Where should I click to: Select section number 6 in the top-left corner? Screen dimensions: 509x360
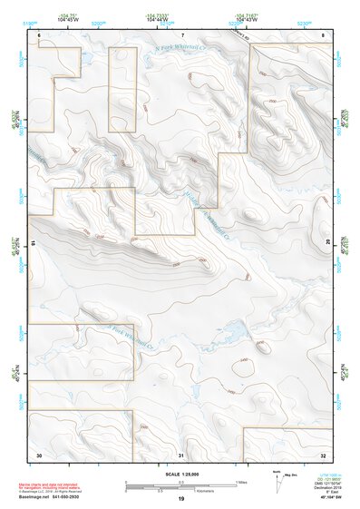pyautogui.click(x=39, y=34)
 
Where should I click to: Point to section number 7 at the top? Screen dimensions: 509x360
pyautogui.click(x=181, y=34)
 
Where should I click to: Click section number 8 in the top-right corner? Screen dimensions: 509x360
pyautogui.click(x=324, y=34)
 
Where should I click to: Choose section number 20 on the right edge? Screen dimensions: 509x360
pyautogui.click(x=327, y=243)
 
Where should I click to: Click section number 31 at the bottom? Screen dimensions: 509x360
pyautogui.click(x=181, y=454)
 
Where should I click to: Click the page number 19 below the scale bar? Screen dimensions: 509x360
pyautogui.click(x=181, y=499)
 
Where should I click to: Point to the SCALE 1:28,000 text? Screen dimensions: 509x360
pyautogui.click(x=181, y=475)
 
